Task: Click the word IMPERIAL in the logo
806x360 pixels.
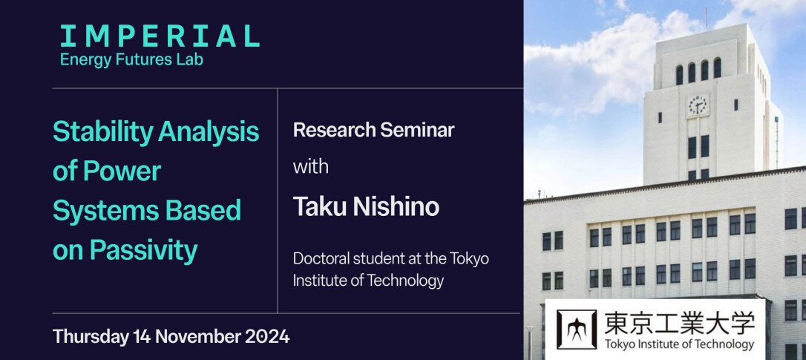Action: click(160, 36)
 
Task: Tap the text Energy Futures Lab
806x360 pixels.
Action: click(131, 60)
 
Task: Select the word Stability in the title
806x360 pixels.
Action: click(103, 133)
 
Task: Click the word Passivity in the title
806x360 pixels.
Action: click(143, 251)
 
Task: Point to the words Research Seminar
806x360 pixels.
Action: click(374, 130)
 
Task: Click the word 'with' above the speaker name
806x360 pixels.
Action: click(310, 167)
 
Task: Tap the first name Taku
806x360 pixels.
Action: click(318, 207)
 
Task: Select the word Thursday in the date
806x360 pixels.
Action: click(91, 338)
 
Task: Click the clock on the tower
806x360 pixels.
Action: click(698, 105)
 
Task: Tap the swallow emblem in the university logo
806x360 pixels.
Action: click(577, 330)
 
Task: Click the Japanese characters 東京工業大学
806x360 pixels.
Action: click(679, 324)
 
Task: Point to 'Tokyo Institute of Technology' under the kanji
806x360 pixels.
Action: click(679, 344)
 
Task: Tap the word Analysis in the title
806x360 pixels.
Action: click(209, 133)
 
